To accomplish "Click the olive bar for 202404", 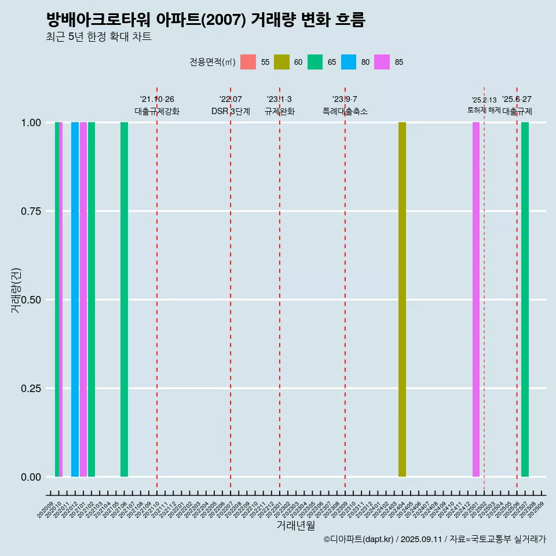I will pos(402,299).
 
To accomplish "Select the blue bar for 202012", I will pos(75,299).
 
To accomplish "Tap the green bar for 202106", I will pos(124,299).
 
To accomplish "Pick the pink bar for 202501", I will pos(476,299).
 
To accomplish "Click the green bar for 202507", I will pos(525,299).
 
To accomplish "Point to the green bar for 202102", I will pos(92,299).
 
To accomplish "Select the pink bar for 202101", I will pos(83,299).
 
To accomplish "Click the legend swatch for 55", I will pos(248,62).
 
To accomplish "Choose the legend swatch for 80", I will pos(349,62).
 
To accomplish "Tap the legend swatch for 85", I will pos(382,62).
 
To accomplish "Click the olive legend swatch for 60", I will pos(281,62).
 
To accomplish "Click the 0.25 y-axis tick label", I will pos(30,389).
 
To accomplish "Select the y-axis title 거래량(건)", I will pos(16,290).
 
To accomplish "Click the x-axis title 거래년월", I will pos(296,525).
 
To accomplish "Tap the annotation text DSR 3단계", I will pos(231,111).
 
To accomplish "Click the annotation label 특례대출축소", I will pos(345,111).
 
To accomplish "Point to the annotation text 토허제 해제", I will pos(484,110).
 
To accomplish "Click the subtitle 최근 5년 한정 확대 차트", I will pos(98,37).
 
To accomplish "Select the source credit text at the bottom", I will pos(434,539).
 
